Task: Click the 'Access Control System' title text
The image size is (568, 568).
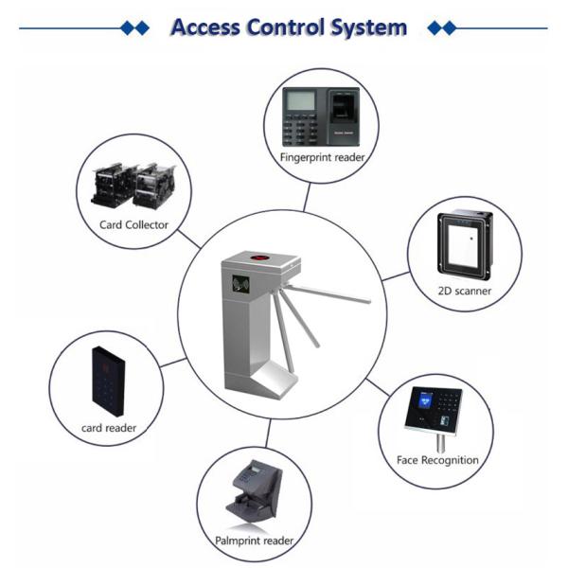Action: pos(289,27)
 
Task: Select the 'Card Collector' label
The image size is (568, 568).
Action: pos(133,225)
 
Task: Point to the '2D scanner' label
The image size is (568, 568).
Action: pos(464,292)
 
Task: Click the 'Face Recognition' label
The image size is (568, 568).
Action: pos(436,461)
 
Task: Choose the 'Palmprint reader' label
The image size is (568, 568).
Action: pos(254,541)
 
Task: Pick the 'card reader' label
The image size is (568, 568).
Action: pos(109,428)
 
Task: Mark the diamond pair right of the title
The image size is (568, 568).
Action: pos(441,28)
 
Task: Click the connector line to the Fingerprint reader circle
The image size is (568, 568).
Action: pos(305,196)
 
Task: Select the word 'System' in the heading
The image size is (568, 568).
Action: pos(368,27)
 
